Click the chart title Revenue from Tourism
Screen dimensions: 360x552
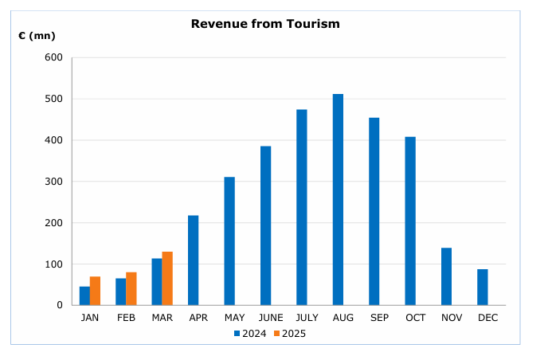265,24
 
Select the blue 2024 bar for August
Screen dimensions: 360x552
338,199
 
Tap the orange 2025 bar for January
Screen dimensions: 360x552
95,291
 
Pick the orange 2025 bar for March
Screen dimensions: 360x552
167,278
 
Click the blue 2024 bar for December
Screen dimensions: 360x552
483,287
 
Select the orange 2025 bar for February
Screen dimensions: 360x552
131,288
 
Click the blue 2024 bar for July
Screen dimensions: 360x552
302,207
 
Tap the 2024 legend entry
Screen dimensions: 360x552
250,334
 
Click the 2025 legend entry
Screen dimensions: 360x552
289,334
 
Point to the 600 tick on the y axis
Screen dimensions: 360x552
53,57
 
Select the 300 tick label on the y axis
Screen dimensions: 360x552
53,182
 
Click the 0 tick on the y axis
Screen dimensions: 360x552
59,305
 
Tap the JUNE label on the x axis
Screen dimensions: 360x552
265,318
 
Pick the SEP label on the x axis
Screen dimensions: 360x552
374,318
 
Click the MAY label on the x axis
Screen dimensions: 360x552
229,318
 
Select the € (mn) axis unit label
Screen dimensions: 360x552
37,36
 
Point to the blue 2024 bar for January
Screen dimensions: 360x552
84,295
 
